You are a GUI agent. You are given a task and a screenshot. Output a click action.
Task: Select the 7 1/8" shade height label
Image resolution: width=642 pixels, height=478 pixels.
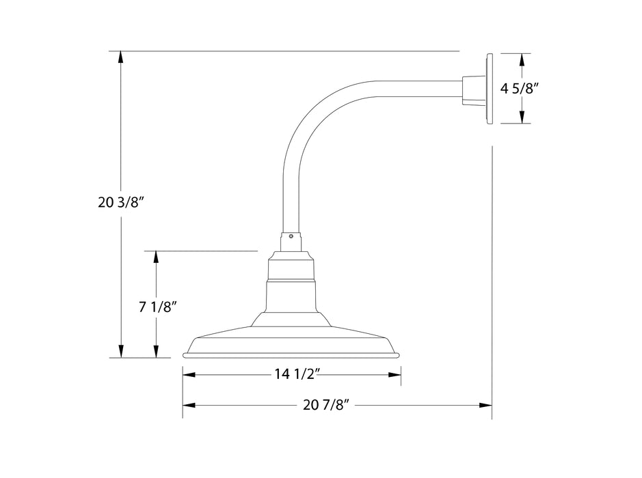click(x=159, y=307)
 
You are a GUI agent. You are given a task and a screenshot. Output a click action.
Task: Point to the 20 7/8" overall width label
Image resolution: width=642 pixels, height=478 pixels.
click(x=326, y=405)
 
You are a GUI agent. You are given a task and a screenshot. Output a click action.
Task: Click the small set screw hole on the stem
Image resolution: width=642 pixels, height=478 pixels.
click(x=291, y=237)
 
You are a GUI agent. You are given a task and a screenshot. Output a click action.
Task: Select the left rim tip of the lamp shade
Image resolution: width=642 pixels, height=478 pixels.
click(x=185, y=354)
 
